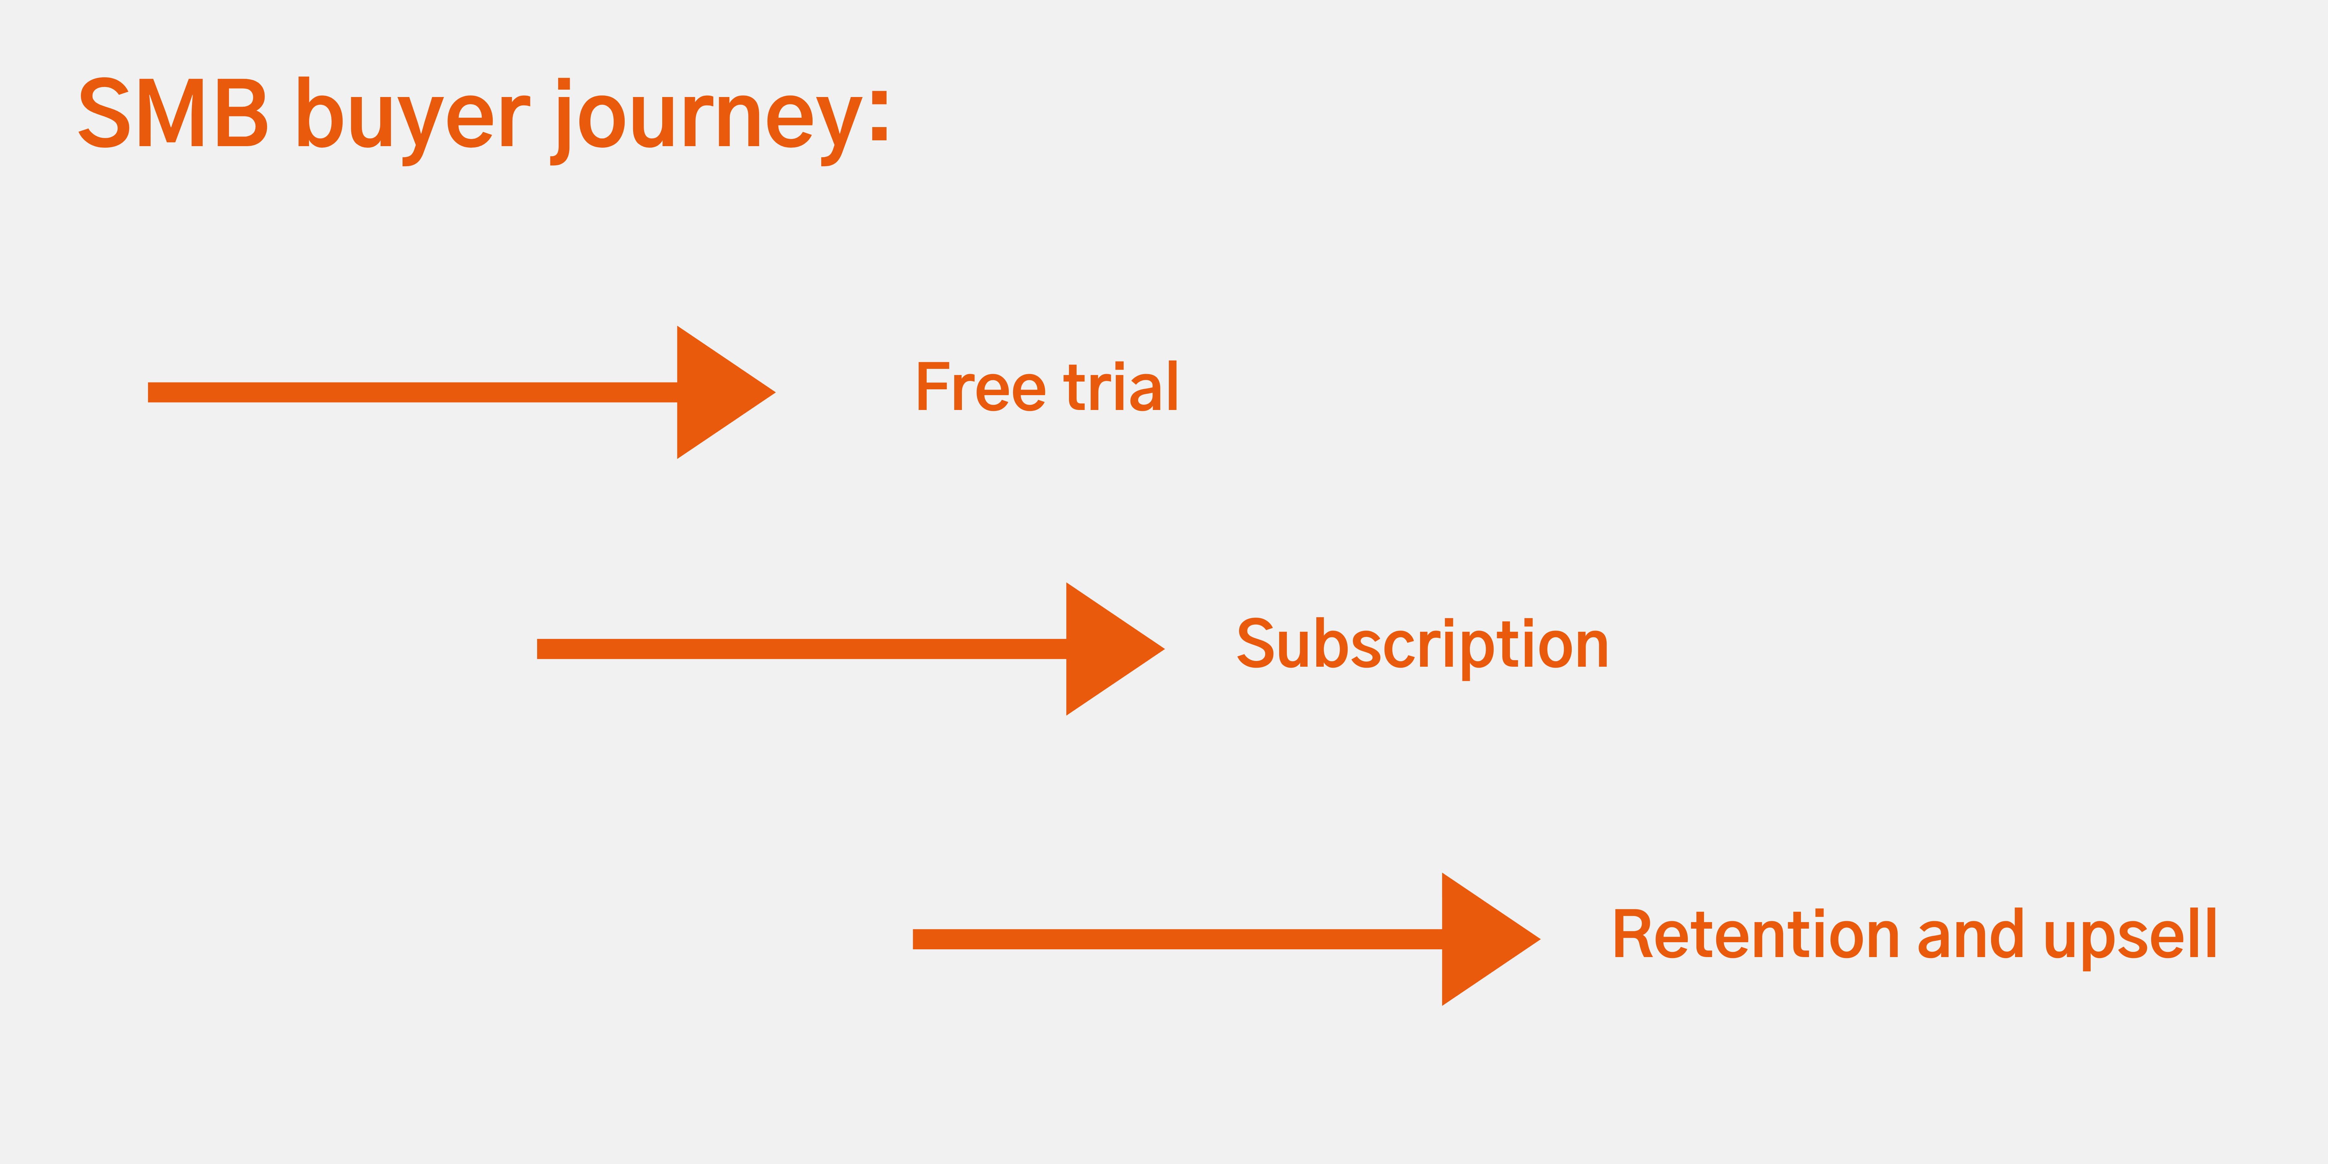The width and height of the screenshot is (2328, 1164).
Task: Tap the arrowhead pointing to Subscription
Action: [x=1115, y=649]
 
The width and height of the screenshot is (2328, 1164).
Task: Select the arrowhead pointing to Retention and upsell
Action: [x=1491, y=939]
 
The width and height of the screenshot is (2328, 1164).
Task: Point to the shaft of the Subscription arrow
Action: [x=802, y=649]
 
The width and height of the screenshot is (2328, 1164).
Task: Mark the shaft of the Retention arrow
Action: [x=1178, y=939]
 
